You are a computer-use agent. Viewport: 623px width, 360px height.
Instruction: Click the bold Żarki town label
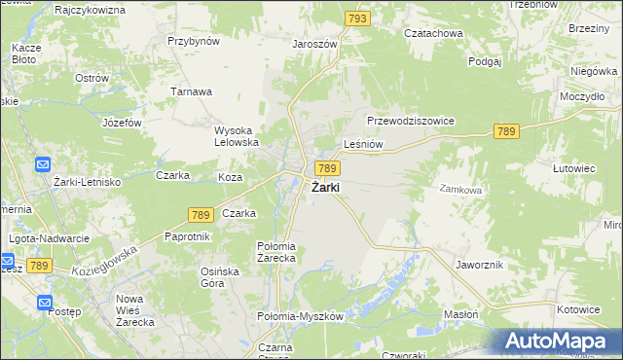[324, 188]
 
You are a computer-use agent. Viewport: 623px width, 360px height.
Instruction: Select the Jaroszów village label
[314, 44]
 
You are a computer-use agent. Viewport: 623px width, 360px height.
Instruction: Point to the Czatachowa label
[433, 32]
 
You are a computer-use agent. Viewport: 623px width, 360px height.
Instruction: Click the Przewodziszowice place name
[411, 121]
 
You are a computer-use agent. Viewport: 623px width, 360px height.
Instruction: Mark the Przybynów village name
[194, 42]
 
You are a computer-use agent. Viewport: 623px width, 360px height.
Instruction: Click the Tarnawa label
[192, 91]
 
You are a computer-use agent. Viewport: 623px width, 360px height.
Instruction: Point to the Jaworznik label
[478, 264]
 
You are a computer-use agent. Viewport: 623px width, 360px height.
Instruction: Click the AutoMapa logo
[560, 341]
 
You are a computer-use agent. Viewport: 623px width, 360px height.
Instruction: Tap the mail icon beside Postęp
[46, 303]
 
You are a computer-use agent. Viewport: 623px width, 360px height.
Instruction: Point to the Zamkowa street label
[460, 190]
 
